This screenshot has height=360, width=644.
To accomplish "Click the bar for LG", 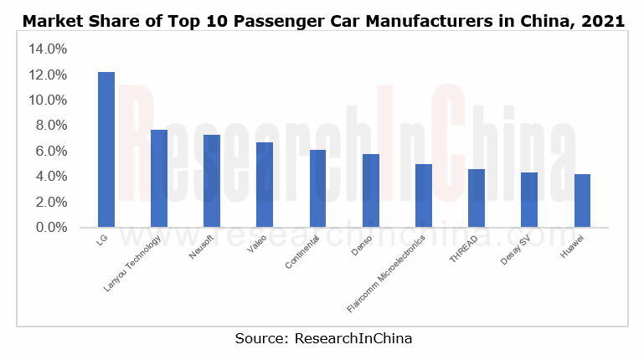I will pos(106,150).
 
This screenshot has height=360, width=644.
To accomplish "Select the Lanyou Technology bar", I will pos(159,178).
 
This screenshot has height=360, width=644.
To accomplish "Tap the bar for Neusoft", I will pos(212,181).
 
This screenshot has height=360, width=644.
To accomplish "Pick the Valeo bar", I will pos(265,185).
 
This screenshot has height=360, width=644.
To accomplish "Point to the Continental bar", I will pos(317,188).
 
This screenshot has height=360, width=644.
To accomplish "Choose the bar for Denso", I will pos(370,191).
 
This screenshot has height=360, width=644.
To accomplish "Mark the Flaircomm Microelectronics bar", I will pos(424,196).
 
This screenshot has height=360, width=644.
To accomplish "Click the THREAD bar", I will pos(477,198).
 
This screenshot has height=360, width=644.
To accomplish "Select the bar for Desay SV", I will pos(529,200).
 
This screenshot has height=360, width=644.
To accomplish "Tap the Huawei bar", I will pos(582,201).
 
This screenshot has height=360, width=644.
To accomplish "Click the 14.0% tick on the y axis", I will pos(48,49).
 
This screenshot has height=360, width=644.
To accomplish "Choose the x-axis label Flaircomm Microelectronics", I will pos(388,274).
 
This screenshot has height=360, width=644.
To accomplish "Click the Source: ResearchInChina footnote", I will pos(323,338).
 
